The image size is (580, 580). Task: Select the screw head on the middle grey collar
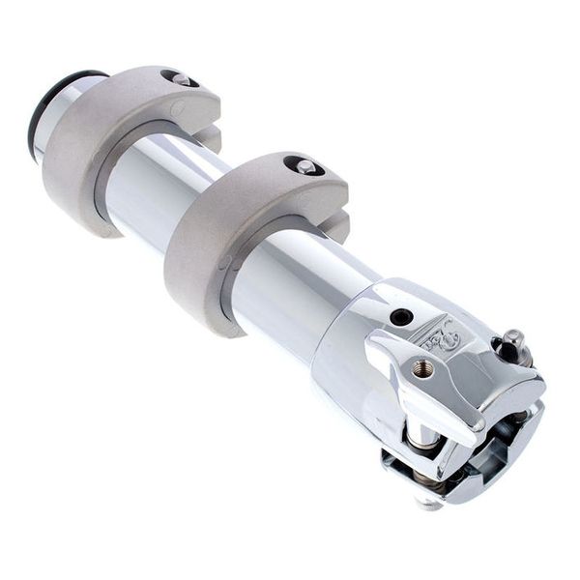pyautogui.click(x=304, y=166)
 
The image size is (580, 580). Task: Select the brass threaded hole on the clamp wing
pyautogui.click(x=422, y=367)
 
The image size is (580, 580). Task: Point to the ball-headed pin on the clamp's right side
pyautogui.click(x=511, y=342)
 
